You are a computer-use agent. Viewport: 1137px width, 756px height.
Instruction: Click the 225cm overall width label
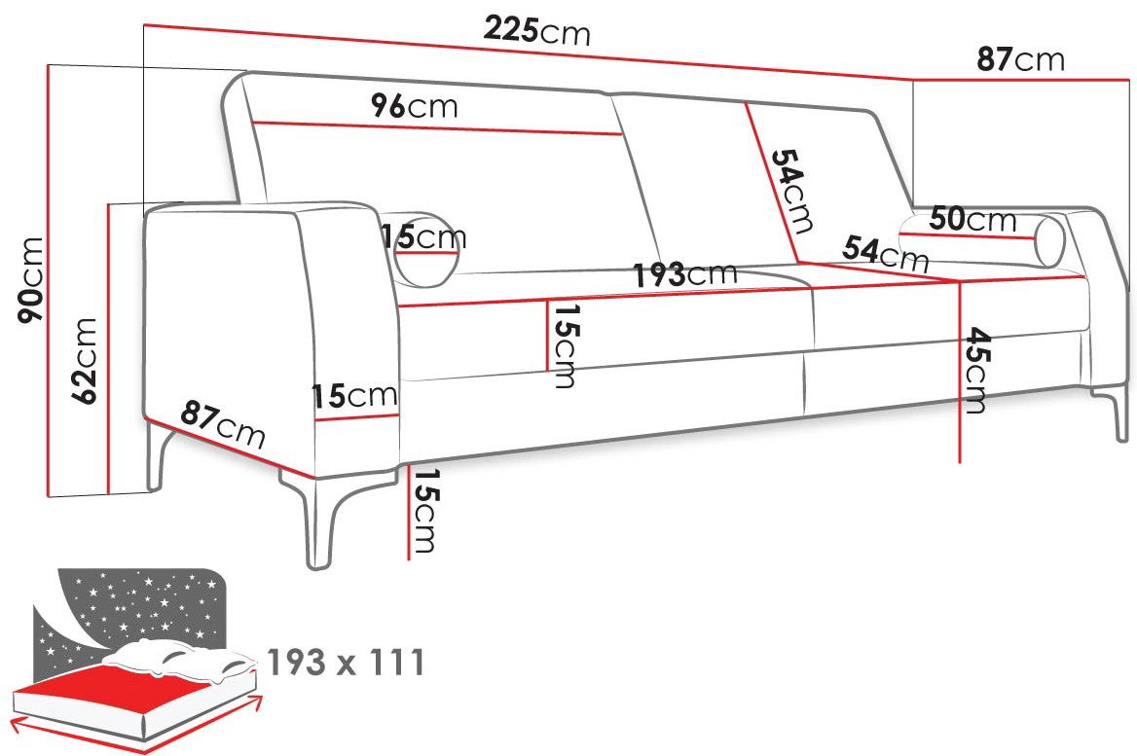pyautogui.click(x=537, y=31)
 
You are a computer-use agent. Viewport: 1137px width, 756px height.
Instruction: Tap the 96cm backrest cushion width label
pyautogui.click(x=415, y=107)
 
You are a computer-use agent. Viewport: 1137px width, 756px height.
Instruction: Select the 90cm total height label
pyautogui.click(x=32, y=280)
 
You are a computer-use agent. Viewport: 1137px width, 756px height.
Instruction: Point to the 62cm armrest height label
pyautogui.click(x=84, y=360)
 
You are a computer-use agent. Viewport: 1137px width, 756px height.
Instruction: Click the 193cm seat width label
pyautogui.click(x=685, y=274)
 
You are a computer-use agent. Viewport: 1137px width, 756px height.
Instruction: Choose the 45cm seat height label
pyautogui.click(x=976, y=371)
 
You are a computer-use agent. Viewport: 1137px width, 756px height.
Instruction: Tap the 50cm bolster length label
pyautogui.click(x=973, y=219)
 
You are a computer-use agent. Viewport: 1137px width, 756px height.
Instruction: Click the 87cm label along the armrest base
pyautogui.click(x=223, y=424)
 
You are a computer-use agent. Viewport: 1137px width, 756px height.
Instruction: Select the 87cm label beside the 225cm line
pyautogui.click(x=1020, y=58)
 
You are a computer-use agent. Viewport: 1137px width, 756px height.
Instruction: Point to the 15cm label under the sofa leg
pyautogui.click(x=425, y=510)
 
